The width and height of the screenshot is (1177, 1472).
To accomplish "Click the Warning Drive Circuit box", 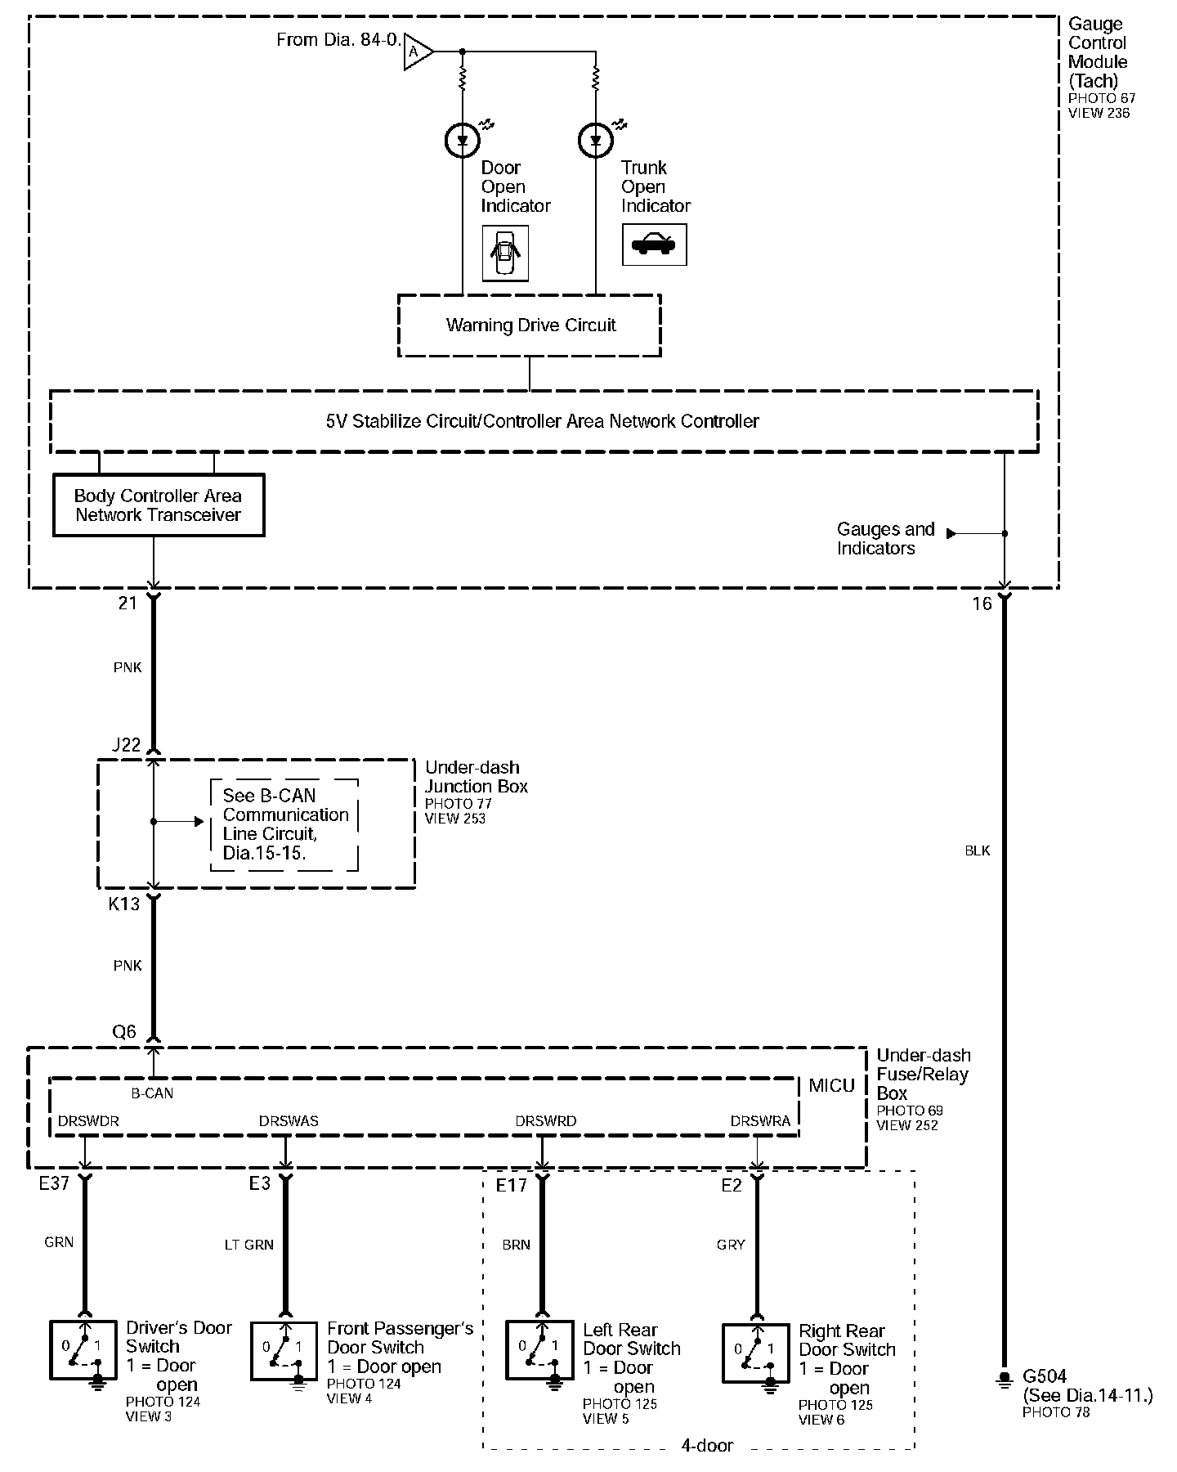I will pos(530,325).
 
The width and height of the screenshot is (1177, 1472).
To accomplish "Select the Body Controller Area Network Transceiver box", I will pos(159,505).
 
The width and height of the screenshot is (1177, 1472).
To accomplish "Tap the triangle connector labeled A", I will pos(417,52).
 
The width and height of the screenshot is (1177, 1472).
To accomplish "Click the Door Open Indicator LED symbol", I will pos(463,141).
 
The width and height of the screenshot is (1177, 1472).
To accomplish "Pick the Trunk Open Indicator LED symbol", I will pos(595,141).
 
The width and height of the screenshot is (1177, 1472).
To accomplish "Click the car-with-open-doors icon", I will pos(505,254).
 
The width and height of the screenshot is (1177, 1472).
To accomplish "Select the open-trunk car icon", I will pos(654,245).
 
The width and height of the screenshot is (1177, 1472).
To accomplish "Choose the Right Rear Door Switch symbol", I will pos(756,1355).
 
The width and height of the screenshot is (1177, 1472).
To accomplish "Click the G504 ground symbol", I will pos(1005,1380).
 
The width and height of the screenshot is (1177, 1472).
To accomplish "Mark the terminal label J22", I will pos(127,745).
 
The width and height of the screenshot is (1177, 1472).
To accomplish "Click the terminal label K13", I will pos(124,904).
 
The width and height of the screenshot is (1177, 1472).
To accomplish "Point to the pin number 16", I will pos(982,604).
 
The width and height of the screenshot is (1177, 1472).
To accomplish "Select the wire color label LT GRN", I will pos(249,1245).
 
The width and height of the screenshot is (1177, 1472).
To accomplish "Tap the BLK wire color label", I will pos(978,851).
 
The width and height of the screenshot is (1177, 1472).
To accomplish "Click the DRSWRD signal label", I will pos(546,1121).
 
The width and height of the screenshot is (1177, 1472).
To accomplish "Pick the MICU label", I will pos(831,1086).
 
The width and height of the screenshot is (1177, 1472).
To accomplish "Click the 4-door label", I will pos(707,1446).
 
